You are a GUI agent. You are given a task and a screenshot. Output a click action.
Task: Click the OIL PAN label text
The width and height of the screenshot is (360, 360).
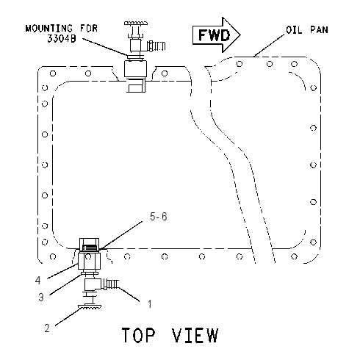[307, 30]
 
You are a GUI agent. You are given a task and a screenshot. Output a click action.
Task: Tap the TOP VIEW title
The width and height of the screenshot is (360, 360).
[170, 335]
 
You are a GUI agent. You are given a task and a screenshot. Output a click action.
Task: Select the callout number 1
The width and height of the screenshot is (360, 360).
[149, 304]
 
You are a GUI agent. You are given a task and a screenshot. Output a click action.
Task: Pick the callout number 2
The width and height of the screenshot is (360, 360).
[47, 328]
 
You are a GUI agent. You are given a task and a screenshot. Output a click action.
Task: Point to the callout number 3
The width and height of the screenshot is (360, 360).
[41, 297]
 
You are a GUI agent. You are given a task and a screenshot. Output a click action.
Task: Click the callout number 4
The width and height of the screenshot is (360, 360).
[37, 281]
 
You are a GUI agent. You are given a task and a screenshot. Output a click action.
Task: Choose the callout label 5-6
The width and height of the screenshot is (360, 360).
[159, 217]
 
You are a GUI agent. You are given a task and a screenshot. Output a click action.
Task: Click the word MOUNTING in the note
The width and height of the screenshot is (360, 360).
[49, 29]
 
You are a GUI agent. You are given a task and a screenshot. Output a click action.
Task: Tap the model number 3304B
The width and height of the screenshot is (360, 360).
[62, 38]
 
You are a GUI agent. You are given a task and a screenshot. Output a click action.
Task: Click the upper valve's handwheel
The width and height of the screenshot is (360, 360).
[136, 24]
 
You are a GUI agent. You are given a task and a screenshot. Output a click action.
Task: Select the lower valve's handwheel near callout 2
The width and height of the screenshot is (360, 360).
[90, 306]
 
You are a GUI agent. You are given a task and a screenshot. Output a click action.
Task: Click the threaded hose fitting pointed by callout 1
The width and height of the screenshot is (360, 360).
[111, 284]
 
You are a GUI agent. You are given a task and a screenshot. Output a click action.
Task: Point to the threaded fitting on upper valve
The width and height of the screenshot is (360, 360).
[156, 46]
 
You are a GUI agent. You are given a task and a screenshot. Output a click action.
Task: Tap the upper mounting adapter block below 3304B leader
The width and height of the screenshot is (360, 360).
[135, 69]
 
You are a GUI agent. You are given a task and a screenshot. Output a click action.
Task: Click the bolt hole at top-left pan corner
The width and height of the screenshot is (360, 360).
[53, 73]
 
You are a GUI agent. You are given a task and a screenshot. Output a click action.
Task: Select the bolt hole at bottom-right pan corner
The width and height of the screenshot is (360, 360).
[294, 256]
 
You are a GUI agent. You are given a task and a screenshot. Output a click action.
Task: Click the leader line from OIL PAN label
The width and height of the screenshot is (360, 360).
[269, 46]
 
